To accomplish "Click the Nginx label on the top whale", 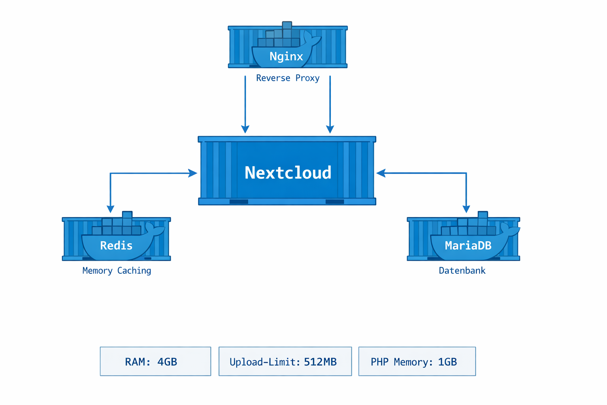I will (x=286, y=57).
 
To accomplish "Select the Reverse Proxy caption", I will (x=288, y=78).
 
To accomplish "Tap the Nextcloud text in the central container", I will (x=288, y=173).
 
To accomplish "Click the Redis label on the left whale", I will (x=116, y=246).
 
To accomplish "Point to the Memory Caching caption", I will (x=117, y=271).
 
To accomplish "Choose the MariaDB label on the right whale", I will (x=468, y=246).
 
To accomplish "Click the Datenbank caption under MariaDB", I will (x=462, y=271).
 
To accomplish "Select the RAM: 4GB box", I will (x=155, y=361).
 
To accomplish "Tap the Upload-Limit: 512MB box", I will (x=285, y=361).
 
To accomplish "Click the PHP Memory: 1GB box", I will (x=417, y=361).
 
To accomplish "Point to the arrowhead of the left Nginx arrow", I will (x=245, y=129).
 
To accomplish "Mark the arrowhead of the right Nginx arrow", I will (x=330, y=129).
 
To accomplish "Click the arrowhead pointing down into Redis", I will (x=111, y=209).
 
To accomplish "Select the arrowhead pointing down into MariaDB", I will (x=466, y=209).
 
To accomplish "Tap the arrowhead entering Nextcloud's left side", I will (x=193, y=173).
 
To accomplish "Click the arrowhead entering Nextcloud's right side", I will (x=381, y=173).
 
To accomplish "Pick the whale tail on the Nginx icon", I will (x=312, y=38).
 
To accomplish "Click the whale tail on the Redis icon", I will (x=155, y=229).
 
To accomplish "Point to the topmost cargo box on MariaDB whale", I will (x=483, y=215).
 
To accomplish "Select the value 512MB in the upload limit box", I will (x=320, y=362).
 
